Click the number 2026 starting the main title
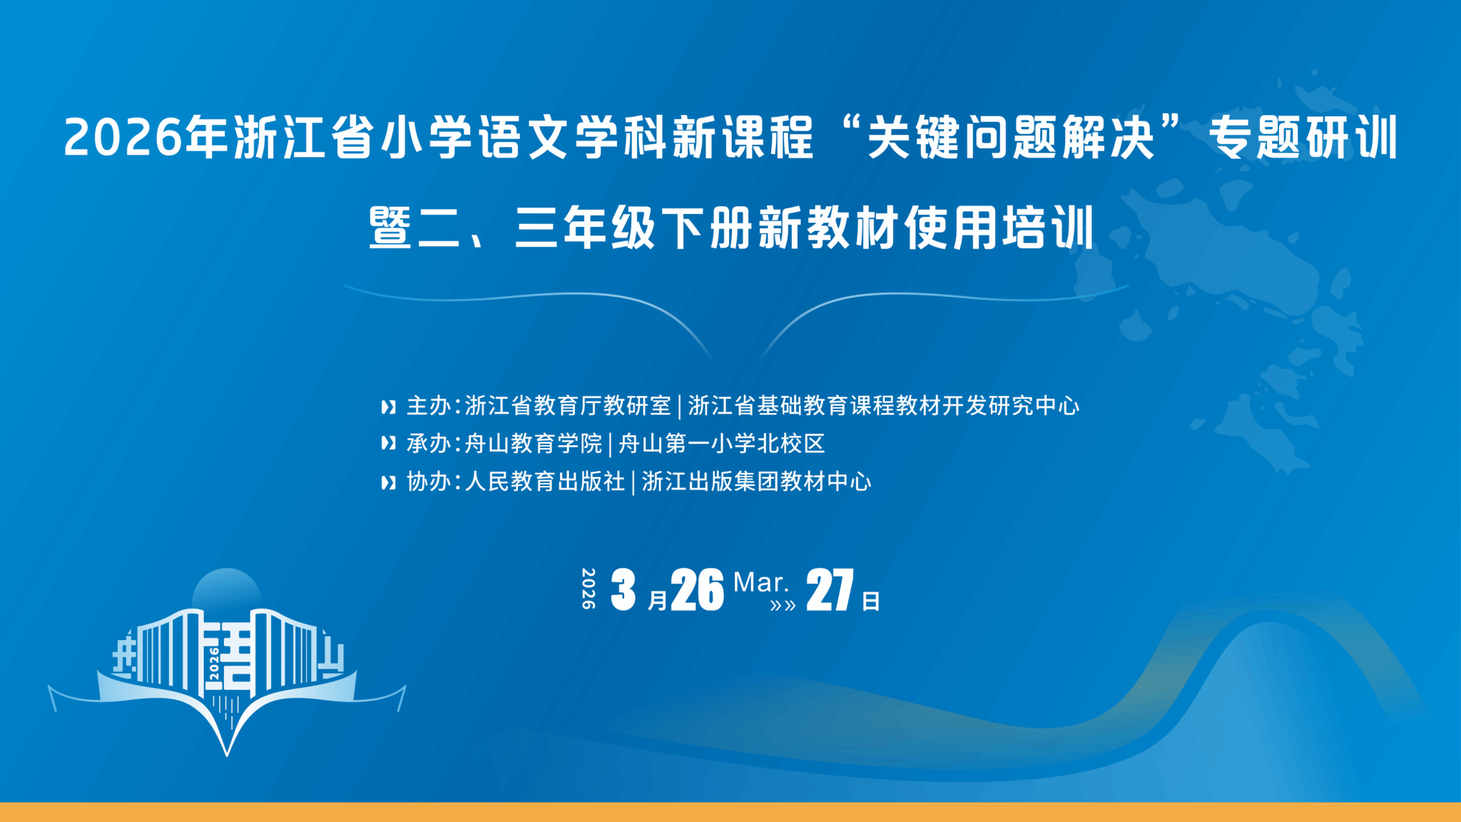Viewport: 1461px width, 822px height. point(123,137)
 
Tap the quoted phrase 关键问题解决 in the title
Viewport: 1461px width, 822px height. point(1010,137)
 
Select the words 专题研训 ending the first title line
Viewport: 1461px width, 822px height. point(1303,137)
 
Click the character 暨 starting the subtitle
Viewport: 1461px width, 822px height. point(390,228)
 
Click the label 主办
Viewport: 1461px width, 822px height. point(429,406)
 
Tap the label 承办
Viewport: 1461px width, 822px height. point(429,444)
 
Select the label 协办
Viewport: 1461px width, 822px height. point(429,482)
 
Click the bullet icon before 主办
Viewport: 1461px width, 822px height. point(388,407)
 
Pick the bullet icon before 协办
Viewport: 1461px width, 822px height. point(388,483)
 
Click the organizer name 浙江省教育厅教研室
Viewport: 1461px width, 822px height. point(568,406)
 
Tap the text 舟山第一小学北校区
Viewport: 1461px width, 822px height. point(721,444)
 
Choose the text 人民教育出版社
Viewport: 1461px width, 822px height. point(545,482)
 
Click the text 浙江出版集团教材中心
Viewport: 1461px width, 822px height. point(756,482)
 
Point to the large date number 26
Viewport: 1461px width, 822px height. point(697,590)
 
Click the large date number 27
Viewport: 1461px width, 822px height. point(830,590)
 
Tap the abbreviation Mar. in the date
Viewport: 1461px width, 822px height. point(760,583)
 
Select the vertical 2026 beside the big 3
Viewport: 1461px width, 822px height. point(589,589)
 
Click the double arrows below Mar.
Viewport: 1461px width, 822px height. point(783,607)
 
